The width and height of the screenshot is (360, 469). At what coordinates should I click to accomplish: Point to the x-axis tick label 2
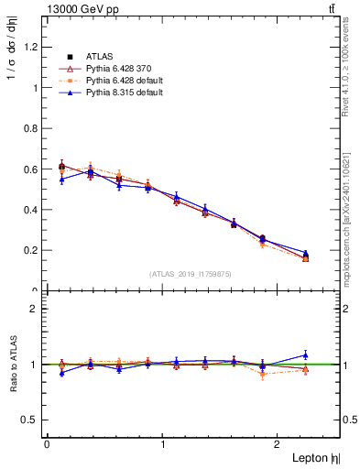click(278, 443)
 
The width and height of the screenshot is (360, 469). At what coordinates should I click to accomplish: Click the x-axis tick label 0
click(47, 443)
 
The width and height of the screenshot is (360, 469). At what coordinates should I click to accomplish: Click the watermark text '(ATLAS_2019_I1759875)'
click(191, 273)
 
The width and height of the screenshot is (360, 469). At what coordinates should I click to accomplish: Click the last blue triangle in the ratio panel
click(306, 354)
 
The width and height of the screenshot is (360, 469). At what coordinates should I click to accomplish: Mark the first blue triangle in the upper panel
click(61, 180)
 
